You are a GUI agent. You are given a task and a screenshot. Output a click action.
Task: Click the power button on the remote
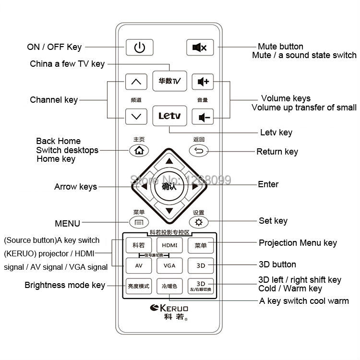pos(139,47)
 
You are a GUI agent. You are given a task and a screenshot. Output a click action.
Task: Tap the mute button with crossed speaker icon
pos(200,47)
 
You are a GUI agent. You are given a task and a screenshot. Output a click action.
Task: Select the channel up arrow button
pos(136,82)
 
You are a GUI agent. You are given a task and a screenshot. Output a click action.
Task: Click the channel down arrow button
pos(136,116)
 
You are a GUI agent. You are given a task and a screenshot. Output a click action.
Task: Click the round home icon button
pos(139,151)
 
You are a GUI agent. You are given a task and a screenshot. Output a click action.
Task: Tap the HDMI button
pos(169,245)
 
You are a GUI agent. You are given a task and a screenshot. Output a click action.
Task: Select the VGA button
pos(169,265)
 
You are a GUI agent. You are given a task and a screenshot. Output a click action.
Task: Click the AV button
pos(139,265)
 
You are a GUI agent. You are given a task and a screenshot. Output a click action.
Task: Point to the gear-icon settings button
pos(199,222)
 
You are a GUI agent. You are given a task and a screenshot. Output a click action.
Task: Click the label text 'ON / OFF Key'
pos(54,47)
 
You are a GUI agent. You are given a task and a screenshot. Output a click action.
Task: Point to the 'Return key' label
pos(277,152)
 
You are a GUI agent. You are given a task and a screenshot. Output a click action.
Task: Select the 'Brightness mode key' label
pos(65,285)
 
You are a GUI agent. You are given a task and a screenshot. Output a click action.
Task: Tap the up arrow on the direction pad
pos(169,160)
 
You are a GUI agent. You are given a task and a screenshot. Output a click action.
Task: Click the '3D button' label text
pos(277,264)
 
